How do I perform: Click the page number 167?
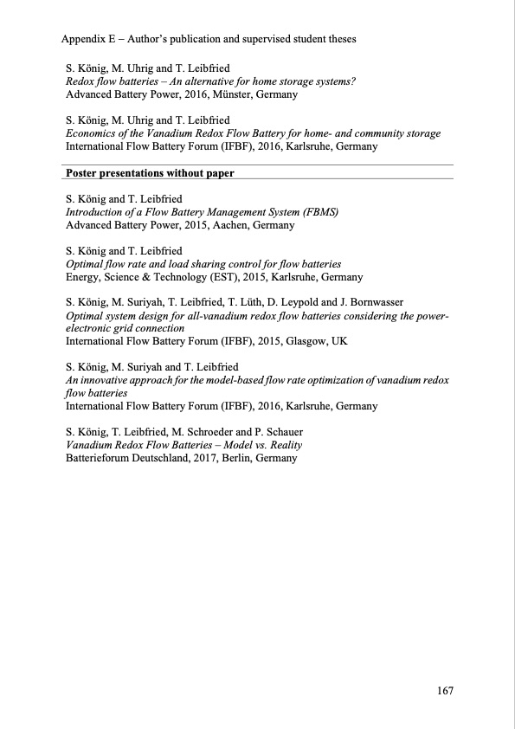click(x=445, y=691)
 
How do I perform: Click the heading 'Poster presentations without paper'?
click(x=150, y=172)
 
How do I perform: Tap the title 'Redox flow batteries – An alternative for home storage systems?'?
click(x=212, y=81)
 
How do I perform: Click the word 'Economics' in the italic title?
click(x=93, y=133)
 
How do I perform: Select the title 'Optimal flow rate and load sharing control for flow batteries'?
click(x=203, y=263)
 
